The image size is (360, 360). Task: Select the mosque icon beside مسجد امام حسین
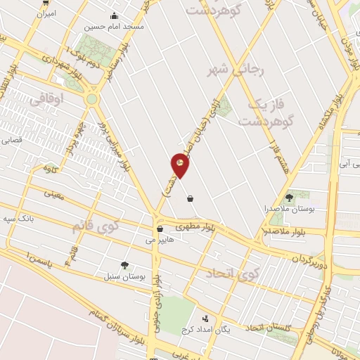114,16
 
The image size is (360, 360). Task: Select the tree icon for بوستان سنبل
124,265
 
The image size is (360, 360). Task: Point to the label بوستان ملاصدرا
289,209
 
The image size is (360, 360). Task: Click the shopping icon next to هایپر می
160,229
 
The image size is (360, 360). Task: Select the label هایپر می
159,239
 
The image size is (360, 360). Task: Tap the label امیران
45,13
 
